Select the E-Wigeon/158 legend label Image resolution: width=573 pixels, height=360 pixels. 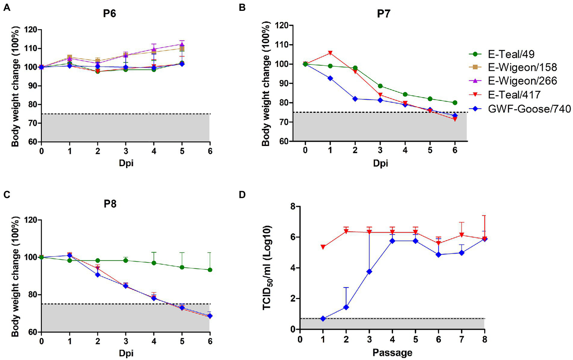(522, 67)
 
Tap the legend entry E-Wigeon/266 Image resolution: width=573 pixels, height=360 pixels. (522, 81)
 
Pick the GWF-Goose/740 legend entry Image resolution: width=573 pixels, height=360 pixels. (529, 109)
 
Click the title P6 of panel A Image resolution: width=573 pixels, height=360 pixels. (109, 14)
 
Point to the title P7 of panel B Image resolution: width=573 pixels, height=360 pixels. (383, 14)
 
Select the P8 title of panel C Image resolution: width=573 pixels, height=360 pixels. (110, 204)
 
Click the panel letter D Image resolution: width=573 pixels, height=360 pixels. (242, 195)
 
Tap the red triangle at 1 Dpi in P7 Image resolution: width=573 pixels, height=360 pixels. (330, 53)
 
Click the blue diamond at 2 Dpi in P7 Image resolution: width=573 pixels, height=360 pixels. (355, 99)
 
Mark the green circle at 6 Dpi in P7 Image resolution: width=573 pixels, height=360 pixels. (455, 103)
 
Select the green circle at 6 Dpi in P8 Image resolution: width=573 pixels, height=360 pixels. (210, 270)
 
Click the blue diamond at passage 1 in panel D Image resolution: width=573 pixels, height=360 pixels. (323, 319)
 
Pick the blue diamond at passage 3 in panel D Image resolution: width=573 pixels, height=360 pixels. (369, 271)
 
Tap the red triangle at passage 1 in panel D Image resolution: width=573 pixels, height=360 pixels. (323, 247)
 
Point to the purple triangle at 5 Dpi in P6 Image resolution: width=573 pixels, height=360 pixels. (182, 44)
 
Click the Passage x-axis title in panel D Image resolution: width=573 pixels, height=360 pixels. (392, 353)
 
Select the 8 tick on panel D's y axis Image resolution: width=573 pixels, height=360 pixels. (293, 207)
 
